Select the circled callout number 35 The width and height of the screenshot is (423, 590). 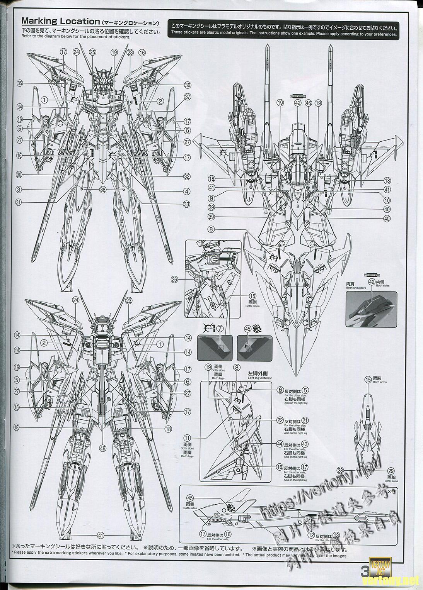(20, 83)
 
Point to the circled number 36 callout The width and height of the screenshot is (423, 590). (188, 85)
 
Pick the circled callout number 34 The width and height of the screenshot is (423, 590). (20, 107)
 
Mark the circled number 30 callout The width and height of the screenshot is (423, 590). (20, 175)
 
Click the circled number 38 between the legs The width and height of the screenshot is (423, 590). (102, 189)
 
